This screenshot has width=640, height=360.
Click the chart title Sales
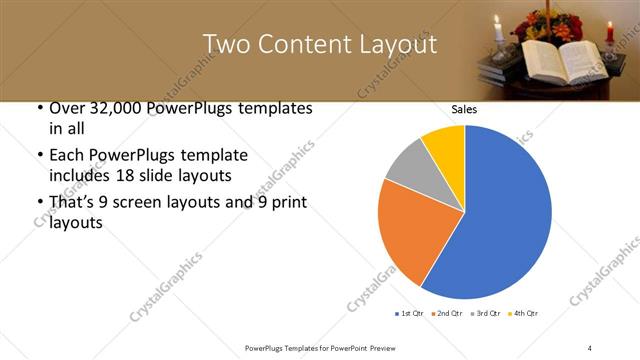[463, 109]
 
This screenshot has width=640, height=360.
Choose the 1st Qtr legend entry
[409, 314]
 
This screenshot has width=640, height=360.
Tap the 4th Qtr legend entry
[523, 314]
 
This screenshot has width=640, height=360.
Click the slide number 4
[590, 347]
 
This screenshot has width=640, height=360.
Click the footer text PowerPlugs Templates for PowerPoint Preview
[319, 347]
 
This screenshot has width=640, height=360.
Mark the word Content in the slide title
[302, 44]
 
